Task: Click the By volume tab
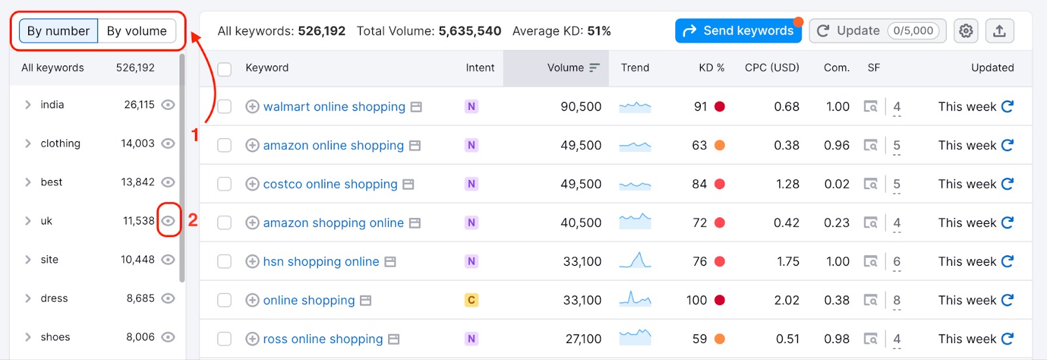pos(137,31)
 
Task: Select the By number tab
pos(58,31)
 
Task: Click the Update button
pos(877,31)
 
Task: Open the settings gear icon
pos(966,31)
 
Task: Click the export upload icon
pos(999,31)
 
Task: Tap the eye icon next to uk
pos(168,221)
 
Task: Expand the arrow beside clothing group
pos(27,143)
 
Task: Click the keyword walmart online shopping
pos(334,107)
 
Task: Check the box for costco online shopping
pos(224,185)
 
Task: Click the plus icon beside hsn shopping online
pos(252,262)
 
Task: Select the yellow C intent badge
pos(471,300)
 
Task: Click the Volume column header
pos(565,67)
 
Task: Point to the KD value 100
pos(696,300)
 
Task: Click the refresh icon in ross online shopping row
pos(1007,338)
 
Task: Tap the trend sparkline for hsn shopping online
pos(635,261)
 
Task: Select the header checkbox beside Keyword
pos(224,69)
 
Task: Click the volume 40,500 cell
pos(580,223)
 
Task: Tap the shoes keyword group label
pos(55,337)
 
